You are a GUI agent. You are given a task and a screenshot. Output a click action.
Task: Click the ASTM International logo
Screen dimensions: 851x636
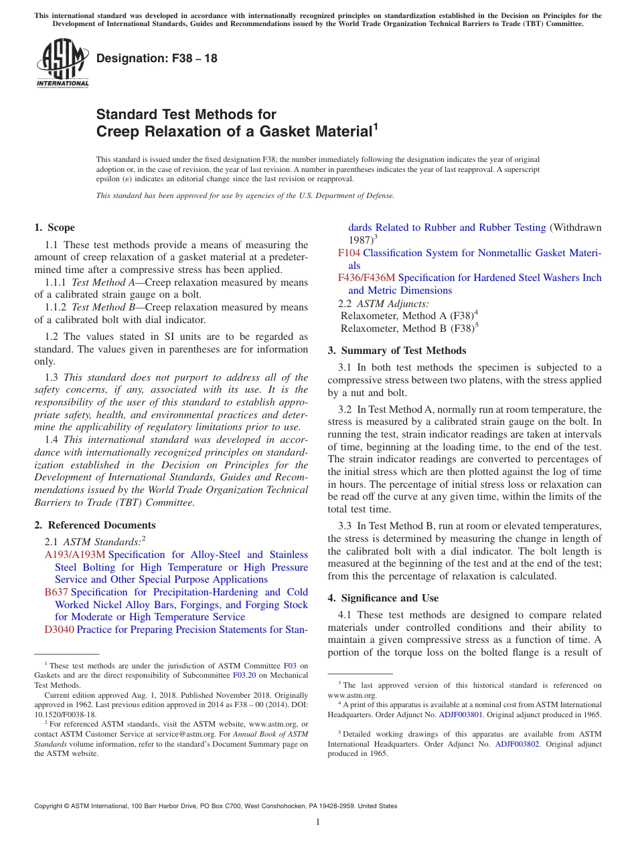62,64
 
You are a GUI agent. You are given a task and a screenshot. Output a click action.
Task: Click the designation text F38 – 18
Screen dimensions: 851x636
157,58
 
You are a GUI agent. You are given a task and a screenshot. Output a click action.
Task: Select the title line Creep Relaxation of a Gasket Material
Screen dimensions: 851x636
234,131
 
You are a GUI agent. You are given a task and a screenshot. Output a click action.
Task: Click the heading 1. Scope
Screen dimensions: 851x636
55,227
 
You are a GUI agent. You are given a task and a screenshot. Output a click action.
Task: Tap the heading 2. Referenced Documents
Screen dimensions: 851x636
95,525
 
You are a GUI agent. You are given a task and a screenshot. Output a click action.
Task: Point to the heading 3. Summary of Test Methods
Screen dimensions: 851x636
397,350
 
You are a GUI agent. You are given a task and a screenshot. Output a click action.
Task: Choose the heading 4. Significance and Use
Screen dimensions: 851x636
383,597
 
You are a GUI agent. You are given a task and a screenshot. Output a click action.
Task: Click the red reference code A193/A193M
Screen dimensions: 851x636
75,555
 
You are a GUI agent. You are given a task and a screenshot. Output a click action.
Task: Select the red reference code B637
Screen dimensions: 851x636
56,592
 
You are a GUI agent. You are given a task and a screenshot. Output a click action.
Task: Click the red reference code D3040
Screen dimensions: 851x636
60,630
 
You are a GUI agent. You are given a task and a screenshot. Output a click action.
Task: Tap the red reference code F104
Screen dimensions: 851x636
349,253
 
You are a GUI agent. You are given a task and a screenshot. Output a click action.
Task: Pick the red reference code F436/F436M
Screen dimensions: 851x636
366,278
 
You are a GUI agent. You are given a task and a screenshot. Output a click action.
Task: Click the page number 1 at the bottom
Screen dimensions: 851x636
318,822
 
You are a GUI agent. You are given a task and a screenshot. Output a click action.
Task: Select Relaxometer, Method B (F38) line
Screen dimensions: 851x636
409,328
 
